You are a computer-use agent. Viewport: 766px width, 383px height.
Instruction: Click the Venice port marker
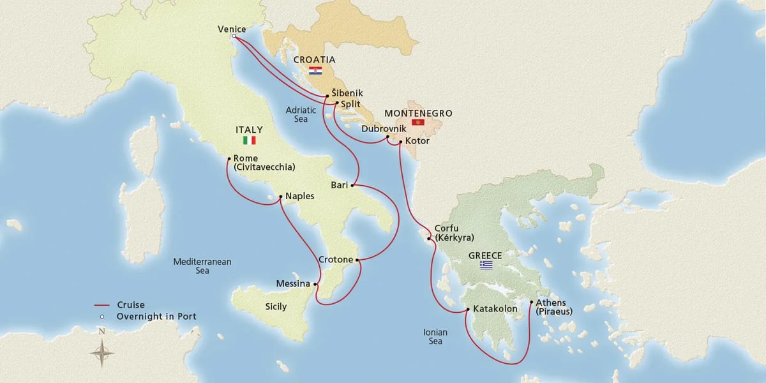click(234, 36)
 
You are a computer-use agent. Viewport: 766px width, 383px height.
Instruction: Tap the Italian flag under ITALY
click(250, 140)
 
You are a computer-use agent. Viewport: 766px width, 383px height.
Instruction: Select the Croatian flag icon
click(314, 70)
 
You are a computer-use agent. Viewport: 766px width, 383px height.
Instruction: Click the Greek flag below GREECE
click(486, 265)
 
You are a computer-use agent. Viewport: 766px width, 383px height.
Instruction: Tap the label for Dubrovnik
click(384, 128)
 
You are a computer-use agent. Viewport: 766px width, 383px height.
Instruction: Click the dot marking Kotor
click(400, 142)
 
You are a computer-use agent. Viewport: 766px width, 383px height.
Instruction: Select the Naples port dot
click(281, 197)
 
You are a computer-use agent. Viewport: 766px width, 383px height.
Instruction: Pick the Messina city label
click(293, 283)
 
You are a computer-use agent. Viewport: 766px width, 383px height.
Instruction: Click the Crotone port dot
click(357, 260)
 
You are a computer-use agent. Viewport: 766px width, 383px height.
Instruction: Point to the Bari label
click(339, 185)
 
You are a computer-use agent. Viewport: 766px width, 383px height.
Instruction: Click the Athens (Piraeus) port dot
click(531, 303)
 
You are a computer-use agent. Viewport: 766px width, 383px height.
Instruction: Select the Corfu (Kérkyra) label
click(453, 232)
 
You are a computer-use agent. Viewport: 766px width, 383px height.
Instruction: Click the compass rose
click(102, 350)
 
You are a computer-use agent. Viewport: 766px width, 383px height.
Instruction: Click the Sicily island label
click(276, 307)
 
